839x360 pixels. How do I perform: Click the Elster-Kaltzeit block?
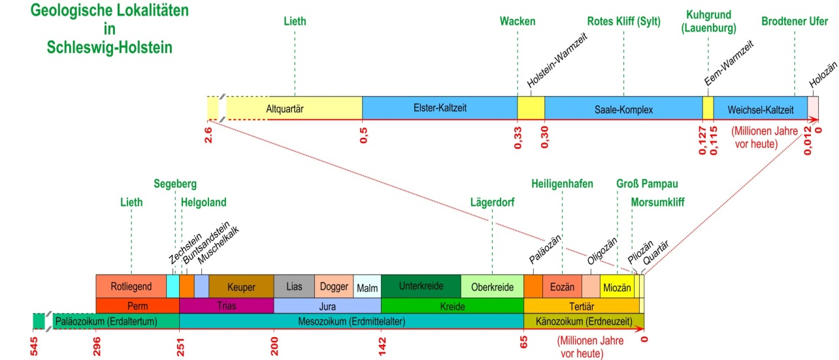pyautogui.click(x=440, y=108)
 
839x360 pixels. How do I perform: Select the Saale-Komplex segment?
pyautogui.click(x=623, y=108)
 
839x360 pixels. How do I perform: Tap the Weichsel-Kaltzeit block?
pyautogui.click(x=761, y=108)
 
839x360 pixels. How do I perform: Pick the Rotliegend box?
pyautogui.click(x=131, y=286)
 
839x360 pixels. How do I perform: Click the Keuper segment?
pyautogui.click(x=241, y=286)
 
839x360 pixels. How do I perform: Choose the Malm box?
pyautogui.click(x=367, y=286)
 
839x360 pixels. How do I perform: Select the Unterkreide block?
pyautogui.click(x=421, y=286)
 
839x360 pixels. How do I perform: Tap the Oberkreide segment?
pyautogui.click(x=492, y=286)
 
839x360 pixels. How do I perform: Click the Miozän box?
pyautogui.click(x=617, y=286)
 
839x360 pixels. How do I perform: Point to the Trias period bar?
pyautogui.click(x=226, y=306)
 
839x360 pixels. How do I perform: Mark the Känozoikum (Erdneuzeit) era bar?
pyautogui.click(x=584, y=321)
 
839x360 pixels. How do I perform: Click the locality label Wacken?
pyautogui.click(x=518, y=22)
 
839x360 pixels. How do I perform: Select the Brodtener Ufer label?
pyautogui.click(x=795, y=22)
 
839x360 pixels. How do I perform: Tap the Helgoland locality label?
pyautogui.click(x=204, y=203)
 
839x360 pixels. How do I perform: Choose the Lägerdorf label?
pyautogui.click(x=492, y=203)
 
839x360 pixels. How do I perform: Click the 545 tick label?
pyautogui.click(x=34, y=346)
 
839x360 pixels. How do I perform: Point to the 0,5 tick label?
pyautogui.click(x=363, y=135)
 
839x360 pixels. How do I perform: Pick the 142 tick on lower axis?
pyautogui.click(x=382, y=346)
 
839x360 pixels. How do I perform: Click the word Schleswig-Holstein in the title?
pyautogui.click(x=109, y=48)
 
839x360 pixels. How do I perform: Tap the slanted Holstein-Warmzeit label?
pyautogui.click(x=557, y=60)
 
